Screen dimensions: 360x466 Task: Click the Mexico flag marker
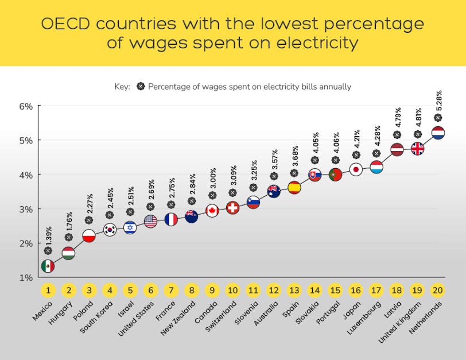(x=48, y=266)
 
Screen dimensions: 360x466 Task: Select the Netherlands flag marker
(x=438, y=133)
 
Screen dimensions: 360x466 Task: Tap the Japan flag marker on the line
(x=356, y=169)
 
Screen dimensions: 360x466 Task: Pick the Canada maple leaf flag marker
(x=212, y=211)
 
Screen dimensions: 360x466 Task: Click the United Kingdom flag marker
(x=417, y=149)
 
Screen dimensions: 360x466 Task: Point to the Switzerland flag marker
(x=232, y=208)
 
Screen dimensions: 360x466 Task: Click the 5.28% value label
(x=439, y=101)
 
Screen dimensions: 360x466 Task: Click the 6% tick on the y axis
(x=27, y=106)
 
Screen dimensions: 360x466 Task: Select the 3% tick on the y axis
(x=27, y=209)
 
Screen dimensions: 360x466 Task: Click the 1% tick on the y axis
(x=27, y=277)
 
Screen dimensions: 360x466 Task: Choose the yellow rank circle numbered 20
(x=438, y=289)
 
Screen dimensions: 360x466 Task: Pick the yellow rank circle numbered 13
(x=294, y=289)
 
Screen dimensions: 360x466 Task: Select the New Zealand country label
(x=178, y=319)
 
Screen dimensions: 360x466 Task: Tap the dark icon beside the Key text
(x=140, y=87)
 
